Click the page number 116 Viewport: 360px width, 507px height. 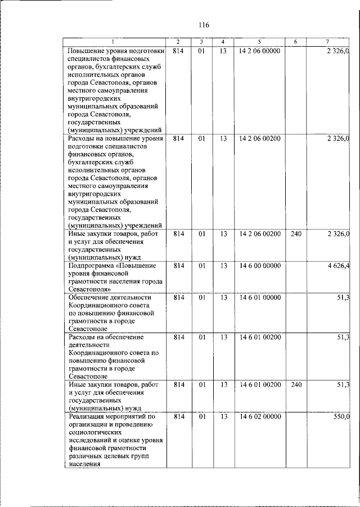[204, 25]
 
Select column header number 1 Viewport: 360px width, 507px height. [114, 43]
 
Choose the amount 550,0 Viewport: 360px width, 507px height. [341, 416]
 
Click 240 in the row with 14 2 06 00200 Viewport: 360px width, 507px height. [296, 234]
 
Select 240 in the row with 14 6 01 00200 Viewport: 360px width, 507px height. [296, 384]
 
